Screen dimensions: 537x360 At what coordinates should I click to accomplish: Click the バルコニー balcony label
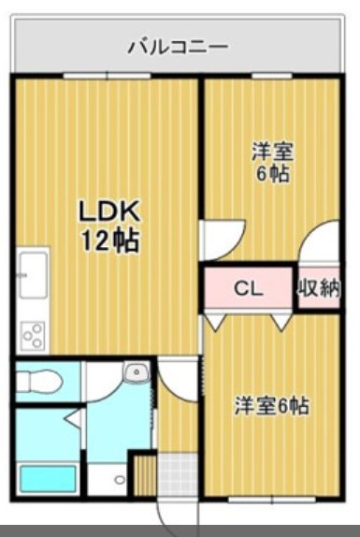click(x=178, y=45)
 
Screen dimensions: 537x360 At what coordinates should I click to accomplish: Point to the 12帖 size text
click(x=108, y=240)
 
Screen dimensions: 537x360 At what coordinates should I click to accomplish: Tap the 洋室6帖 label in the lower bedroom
click(x=271, y=406)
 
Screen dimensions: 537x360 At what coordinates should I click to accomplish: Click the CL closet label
click(x=247, y=288)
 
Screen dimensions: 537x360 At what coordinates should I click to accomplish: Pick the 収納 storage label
click(x=318, y=288)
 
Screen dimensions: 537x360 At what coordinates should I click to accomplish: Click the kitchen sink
click(x=29, y=275)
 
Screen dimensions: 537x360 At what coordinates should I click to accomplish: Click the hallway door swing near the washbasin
click(x=177, y=378)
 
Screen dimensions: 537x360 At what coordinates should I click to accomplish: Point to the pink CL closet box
click(x=247, y=288)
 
